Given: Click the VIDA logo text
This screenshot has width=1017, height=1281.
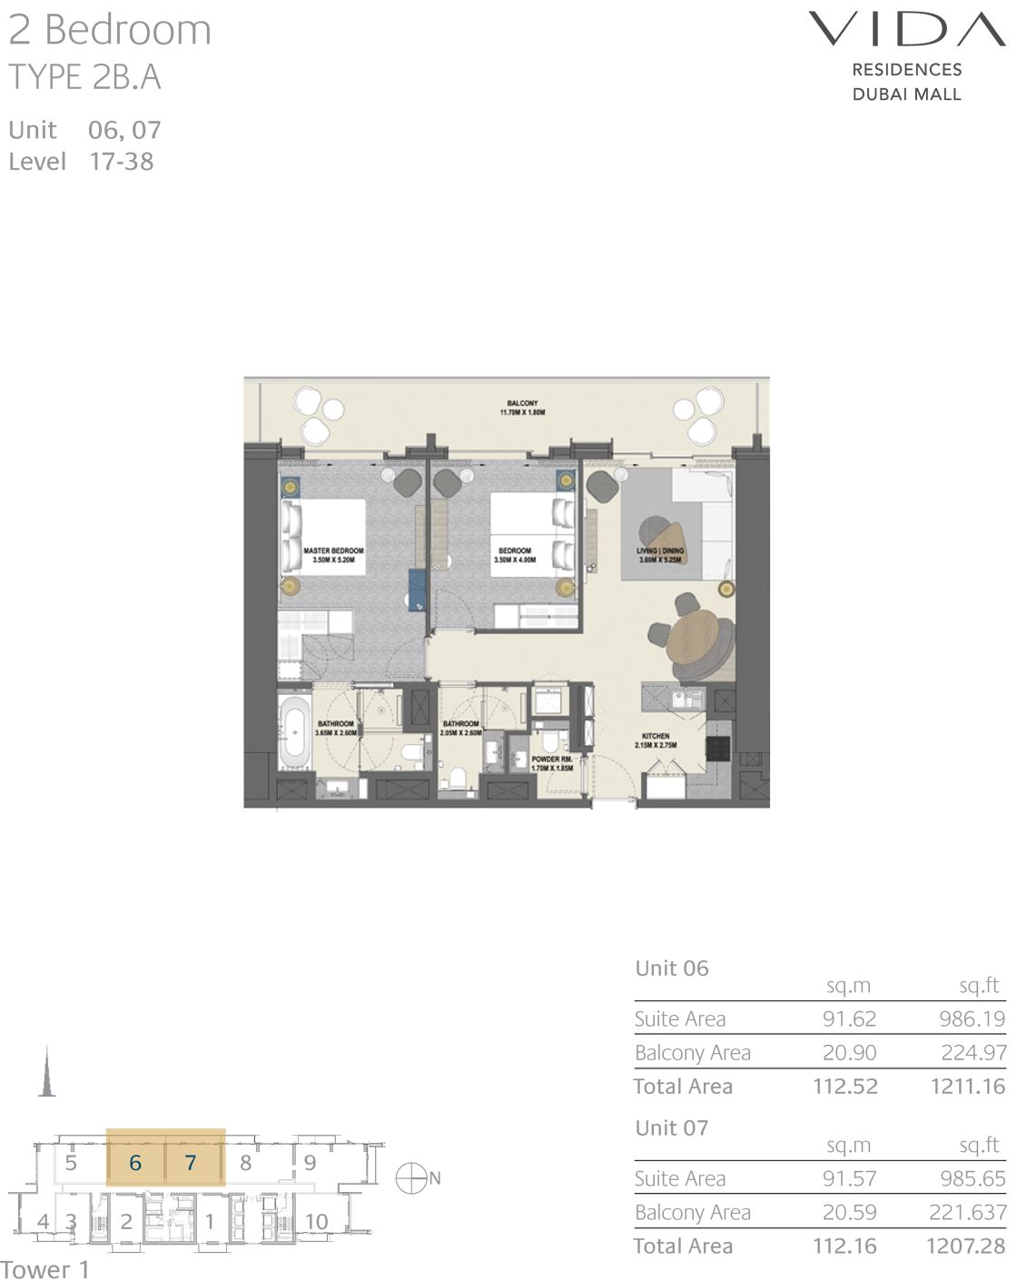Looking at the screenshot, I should pos(906,29).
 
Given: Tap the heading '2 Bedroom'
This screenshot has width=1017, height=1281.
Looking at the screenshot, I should pos(110,30).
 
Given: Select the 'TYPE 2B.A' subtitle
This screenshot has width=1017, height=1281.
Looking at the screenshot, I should pos(84,78).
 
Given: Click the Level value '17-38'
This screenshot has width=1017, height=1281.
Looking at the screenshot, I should pos(121,162).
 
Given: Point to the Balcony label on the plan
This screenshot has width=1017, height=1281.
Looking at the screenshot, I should pos(522,407).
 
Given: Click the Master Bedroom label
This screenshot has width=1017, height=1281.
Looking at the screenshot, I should pos(333,555).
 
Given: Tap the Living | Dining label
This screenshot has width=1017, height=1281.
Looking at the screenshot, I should pos(659,555).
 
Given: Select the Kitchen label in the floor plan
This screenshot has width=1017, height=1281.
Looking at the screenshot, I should pos(655,740).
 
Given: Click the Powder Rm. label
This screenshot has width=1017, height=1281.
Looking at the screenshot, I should pos(551,763).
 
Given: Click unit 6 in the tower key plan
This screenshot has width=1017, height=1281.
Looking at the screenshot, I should pos(135,1163).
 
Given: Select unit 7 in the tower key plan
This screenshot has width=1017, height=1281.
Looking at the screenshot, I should pos(191,1163).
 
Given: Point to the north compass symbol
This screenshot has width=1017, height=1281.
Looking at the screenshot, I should pos(411,1178).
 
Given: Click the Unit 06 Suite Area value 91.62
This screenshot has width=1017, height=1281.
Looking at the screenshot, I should pos(849,1018).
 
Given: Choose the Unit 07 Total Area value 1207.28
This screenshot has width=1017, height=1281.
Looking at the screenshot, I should pos(965,1246).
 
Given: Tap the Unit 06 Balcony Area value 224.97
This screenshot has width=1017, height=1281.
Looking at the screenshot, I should pos(973,1052).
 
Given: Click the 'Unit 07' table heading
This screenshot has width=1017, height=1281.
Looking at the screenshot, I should pos(671,1127).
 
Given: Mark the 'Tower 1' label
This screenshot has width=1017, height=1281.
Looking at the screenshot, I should pos(44,1268).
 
